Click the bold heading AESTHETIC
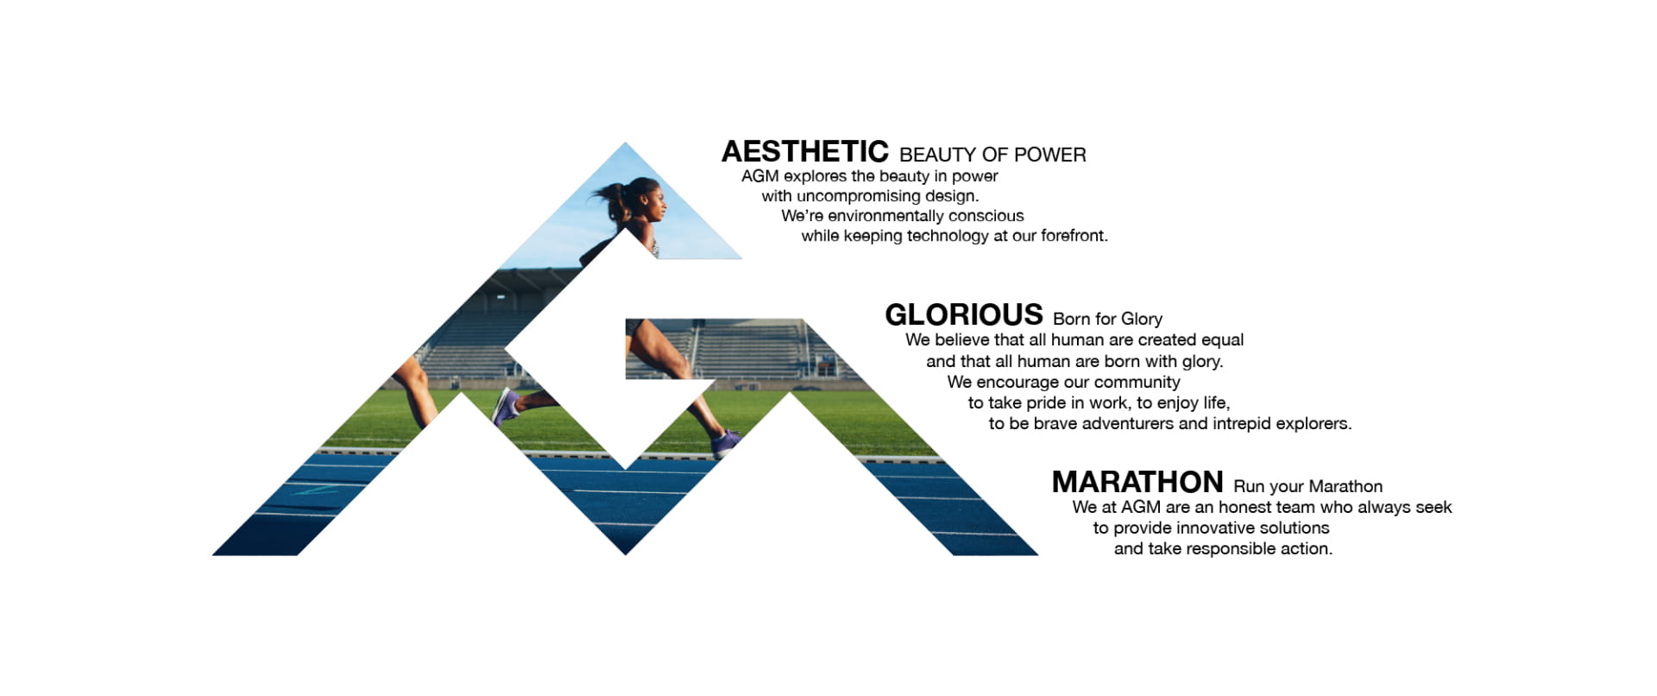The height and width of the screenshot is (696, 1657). pos(804,152)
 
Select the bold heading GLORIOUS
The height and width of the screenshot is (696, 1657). pos(964,314)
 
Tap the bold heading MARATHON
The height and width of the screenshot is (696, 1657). pos(1137,482)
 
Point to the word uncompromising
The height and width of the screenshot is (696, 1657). pos(858,196)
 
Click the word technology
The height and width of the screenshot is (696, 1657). pos(948,236)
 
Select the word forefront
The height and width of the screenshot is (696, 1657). pos(1074,236)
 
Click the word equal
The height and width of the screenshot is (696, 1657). pos(1222,340)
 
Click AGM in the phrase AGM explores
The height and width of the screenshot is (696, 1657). pos(759,176)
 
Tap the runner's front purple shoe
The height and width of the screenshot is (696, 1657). pos(726,443)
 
